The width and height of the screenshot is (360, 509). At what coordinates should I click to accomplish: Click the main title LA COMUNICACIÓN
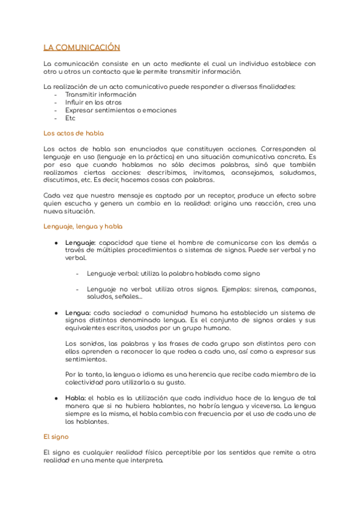click(x=82, y=47)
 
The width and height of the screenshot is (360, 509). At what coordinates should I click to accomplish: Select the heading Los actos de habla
click(x=74, y=133)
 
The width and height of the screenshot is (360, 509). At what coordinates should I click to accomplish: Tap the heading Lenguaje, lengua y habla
click(x=83, y=226)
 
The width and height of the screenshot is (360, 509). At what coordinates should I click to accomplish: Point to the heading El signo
click(x=56, y=437)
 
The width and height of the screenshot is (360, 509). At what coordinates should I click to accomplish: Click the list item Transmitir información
click(x=101, y=94)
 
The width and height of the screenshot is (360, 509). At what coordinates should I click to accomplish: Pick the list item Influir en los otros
click(x=93, y=102)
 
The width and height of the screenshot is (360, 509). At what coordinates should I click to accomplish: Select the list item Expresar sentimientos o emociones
click(x=121, y=110)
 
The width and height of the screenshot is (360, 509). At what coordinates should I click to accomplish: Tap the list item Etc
click(x=70, y=118)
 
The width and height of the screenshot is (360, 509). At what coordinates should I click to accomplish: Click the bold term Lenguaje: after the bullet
click(x=80, y=242)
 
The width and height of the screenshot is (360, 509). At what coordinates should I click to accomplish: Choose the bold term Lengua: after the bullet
click(x=78, y=312)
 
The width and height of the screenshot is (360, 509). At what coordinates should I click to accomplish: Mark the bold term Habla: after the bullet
click(x=76, y=398)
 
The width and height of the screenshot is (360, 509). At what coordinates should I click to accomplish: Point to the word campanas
click(x=298, y=289)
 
